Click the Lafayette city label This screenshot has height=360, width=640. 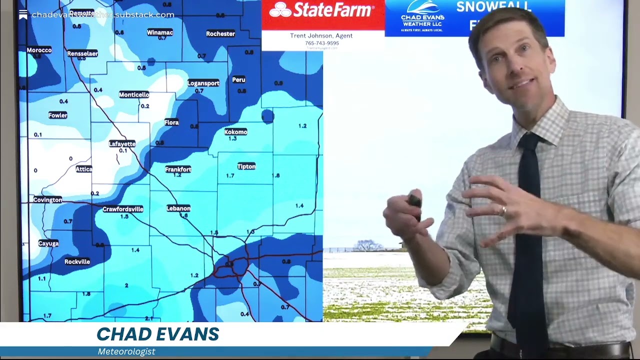click(x=122, y=144)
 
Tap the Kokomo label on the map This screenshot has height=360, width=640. click(x=235, y=132)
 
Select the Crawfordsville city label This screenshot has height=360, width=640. click(x=123, y=209)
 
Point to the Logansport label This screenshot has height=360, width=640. click(x=203, y=83)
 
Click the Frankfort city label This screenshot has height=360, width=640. click(x=178, y=169)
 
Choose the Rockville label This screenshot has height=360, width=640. click(x=77, y=261)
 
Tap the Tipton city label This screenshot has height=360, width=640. click(x=246, y=166)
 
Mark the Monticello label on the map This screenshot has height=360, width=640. click(x=134, y=94)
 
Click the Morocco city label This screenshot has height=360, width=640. click(x=39, y=50)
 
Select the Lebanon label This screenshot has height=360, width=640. click(x=178, y=208)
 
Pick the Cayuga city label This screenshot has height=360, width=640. click(x=48, y=243)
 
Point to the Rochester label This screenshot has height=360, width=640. click(x=220, y=34)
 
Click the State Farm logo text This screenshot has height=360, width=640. click(x=323, y=10)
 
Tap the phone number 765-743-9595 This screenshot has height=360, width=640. click(x=322, y=43)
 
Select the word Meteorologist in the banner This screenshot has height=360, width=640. click(x=126, y=351)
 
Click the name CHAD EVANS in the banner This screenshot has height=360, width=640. click(x=157, y=334)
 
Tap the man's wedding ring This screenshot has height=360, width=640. click(x=503, y=210)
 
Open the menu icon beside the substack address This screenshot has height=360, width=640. click(x=23, y=14)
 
